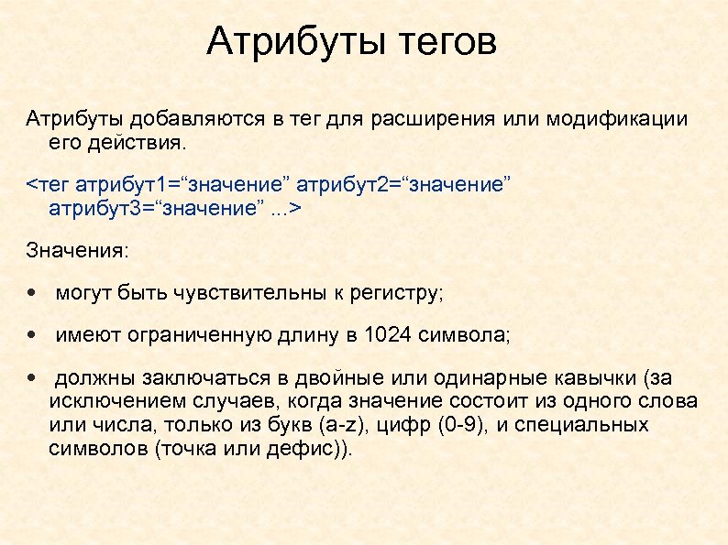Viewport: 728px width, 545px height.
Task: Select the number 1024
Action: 388,335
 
